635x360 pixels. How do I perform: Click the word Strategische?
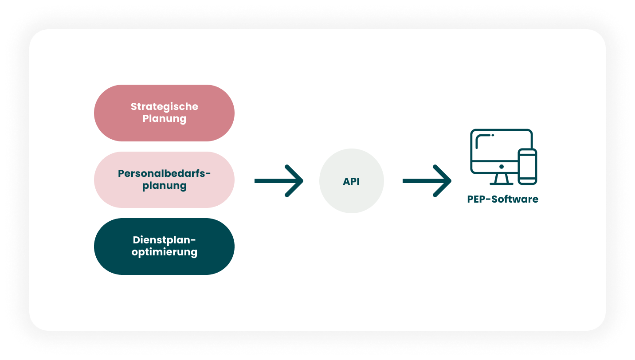164,107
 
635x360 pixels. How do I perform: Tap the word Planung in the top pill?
164,119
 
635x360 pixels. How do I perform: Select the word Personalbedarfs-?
164,173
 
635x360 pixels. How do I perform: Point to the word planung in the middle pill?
164,185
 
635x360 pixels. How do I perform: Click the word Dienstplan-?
164,240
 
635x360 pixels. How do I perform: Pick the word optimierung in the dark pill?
164,252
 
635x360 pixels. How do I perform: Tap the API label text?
351,181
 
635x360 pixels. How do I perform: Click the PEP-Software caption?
502,199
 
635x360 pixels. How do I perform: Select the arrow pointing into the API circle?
278,181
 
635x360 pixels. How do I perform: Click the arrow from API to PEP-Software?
427,181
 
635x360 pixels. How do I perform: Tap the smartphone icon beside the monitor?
527,166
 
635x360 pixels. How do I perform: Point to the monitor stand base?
502,182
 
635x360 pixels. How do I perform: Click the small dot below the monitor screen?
502,167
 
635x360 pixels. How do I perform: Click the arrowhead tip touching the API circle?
302,181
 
